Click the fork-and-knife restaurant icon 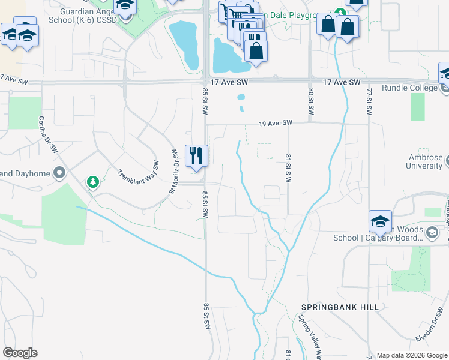click(x=196, y=155)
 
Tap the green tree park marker click(x=92, y=181)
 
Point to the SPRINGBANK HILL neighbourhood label click(x=340, y=307)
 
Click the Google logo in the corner click(x=20, y=352)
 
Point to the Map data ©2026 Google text click(x=411, y=355)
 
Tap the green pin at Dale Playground click(x=340, y=13)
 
